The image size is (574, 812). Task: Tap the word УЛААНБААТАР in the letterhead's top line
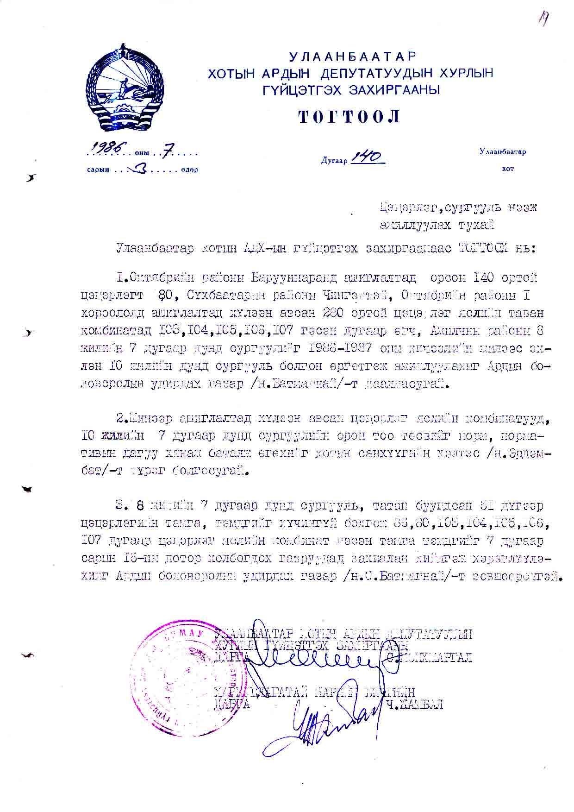(x=353, y=57)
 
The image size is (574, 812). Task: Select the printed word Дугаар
(x=334, y=161)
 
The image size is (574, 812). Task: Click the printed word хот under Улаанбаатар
(x=507, y=169)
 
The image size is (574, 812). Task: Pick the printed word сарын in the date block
(x=98, y=170)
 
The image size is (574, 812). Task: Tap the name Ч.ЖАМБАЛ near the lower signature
(x=416, y=705)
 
